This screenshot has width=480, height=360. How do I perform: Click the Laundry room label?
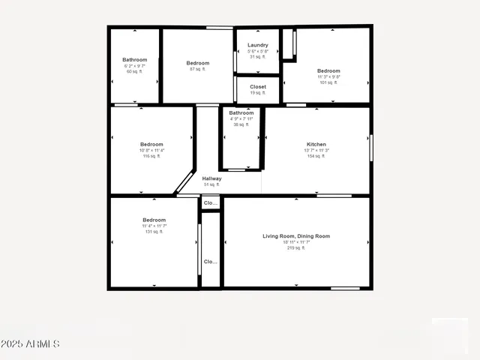click(258, 45)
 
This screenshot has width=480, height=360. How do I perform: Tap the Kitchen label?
click(316, 144)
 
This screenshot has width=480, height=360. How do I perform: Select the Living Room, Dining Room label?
click(296, 236)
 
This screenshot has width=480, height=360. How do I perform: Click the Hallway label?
click(211, 178)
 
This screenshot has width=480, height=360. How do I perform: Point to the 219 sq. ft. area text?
click(296, 247)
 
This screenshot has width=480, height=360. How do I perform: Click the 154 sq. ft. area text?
click(316, 156)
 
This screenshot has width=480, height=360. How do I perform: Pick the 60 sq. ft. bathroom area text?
click(135, 72)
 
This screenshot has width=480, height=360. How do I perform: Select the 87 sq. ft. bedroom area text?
click(198, 69)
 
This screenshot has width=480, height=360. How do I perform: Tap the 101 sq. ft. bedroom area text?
click(328, 82)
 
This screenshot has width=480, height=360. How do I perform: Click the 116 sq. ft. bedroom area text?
click(151, 156)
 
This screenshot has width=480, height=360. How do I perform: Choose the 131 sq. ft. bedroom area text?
click(154, 232)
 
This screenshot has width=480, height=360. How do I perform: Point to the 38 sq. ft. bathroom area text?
click(241, 124)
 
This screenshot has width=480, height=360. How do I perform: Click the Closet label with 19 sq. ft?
click(258, 87)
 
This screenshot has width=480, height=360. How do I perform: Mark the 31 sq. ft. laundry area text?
click(258, 57)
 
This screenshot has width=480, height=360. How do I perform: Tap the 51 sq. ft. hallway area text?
click(211, 184)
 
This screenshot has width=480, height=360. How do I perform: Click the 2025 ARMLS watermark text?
click(30, 344)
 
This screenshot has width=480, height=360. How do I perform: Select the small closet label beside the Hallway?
click(211, 203)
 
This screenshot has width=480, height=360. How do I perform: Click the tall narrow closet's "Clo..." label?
click(211, 262)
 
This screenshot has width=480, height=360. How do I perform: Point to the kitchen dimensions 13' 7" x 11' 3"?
click(316, 150)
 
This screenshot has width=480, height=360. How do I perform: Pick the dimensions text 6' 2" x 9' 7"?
click(135, 66)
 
